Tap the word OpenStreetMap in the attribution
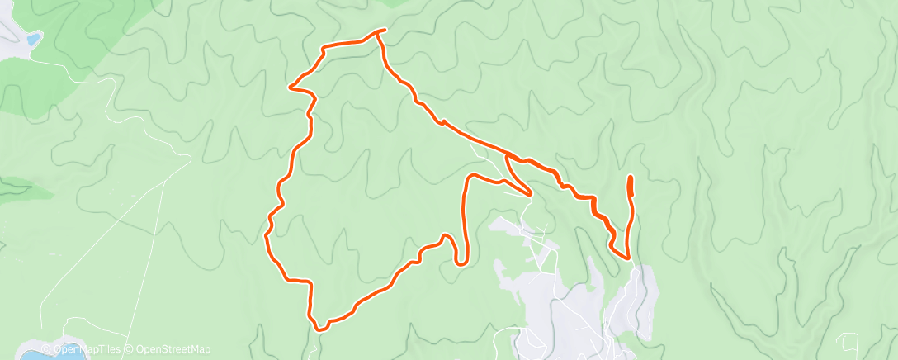(x=173, y=350)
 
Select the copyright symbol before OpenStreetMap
(x=130, y=350)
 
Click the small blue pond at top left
(x=33, y=38)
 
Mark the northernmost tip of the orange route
(x=381, y=31)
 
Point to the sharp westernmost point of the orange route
(x=289, y=85)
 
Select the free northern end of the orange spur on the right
(x=631, y=178)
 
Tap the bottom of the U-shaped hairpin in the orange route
(x=461, y=263)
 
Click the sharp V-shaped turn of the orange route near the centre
(x=528, y=195)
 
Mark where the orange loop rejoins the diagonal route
(x=506, y=154)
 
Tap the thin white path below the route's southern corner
(x=316, y=345)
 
